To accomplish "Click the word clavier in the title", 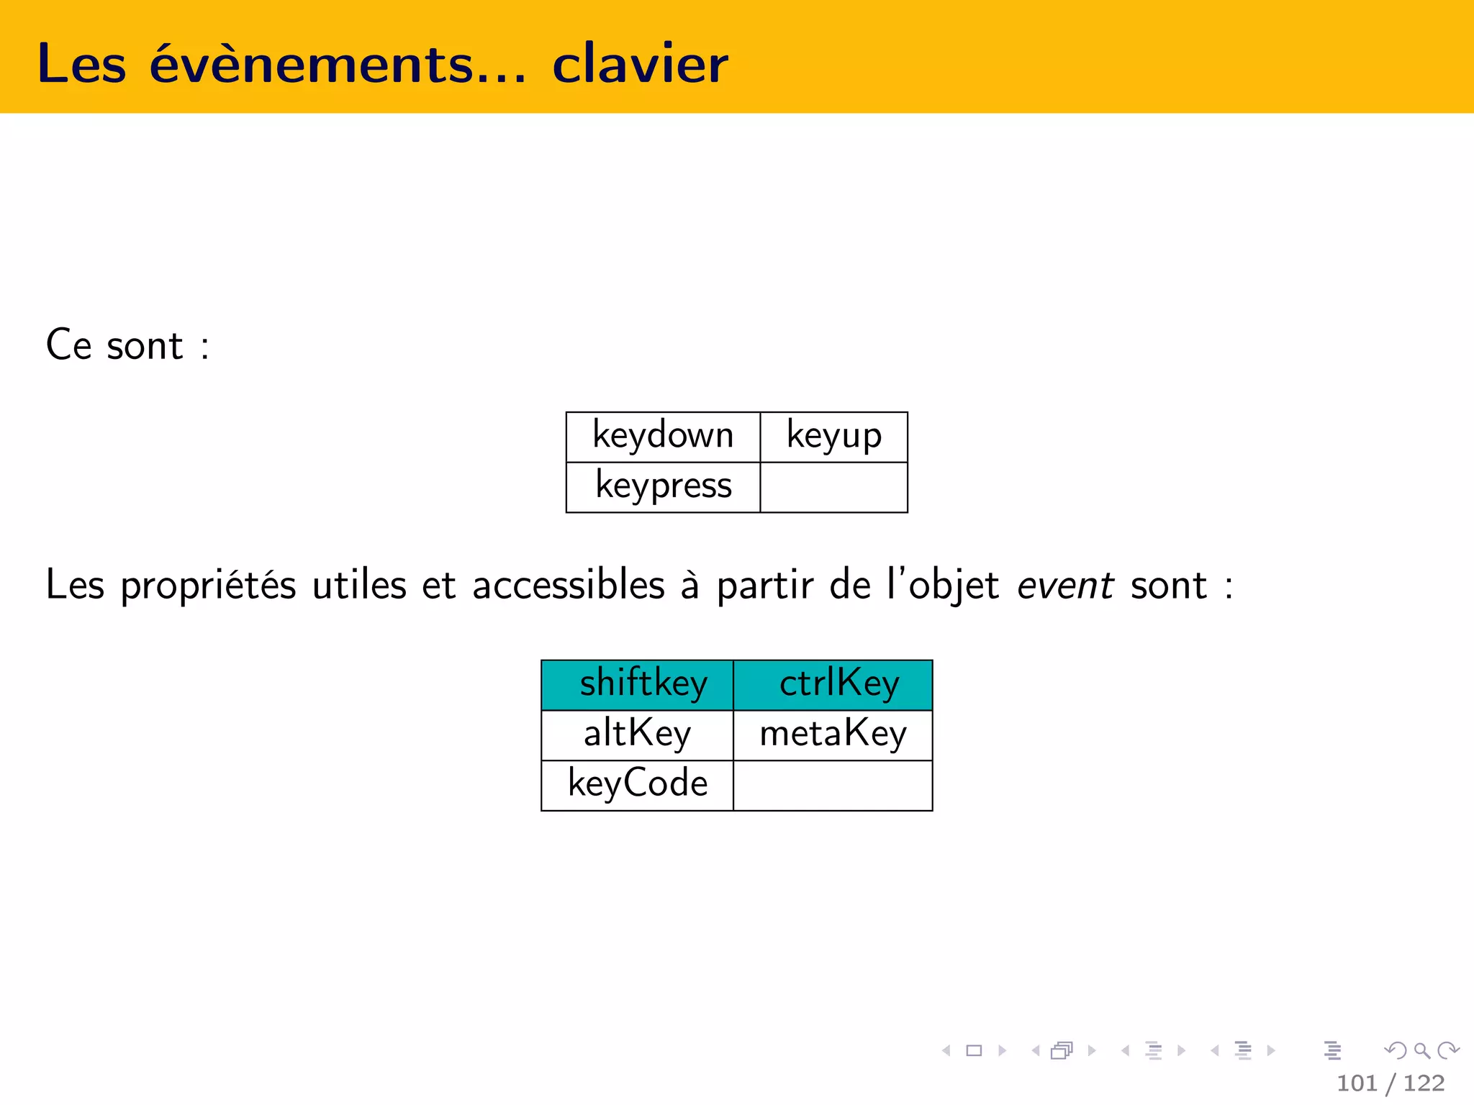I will [x=640, y=64].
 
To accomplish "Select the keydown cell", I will [x=663, y=437].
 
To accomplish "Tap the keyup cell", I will [x=833, y=437].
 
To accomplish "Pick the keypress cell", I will [x=663, y=487].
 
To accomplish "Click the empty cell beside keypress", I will [x=833, y=487].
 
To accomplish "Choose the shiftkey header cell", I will [x=638, y=684].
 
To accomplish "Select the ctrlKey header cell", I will [x=833, y=684].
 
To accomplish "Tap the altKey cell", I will [x=638, y=735].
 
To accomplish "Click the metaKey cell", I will [x=833, y=735].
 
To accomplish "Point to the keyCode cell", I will [x=638, y=785].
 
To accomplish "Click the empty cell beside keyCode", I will [x=833, y=785].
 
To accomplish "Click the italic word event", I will [x=1065, y=585].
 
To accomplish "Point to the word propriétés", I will [x=208, y=585].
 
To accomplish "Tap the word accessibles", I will [x=568, y=585].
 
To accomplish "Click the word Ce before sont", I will [x=68, y=345].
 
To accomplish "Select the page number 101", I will [x=1356, y=1083].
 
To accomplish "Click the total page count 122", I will [x=1424, y=1083].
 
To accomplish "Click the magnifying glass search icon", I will [x=1421, y=1051].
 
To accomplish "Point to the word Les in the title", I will [x=81, y=64].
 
